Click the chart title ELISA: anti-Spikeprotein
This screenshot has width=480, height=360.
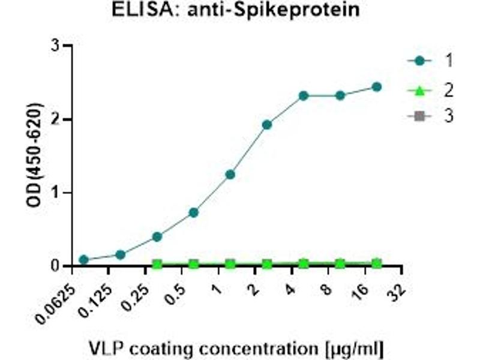[x=236, y=10]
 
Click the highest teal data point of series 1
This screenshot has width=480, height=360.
[x=377, y=87]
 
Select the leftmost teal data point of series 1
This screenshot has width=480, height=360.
[x=84, y=260]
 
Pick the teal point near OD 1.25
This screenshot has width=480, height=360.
[x=230, y=175]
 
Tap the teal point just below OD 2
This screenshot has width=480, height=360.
[x=267, y=125]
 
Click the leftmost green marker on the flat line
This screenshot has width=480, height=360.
[x=157, y=264]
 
